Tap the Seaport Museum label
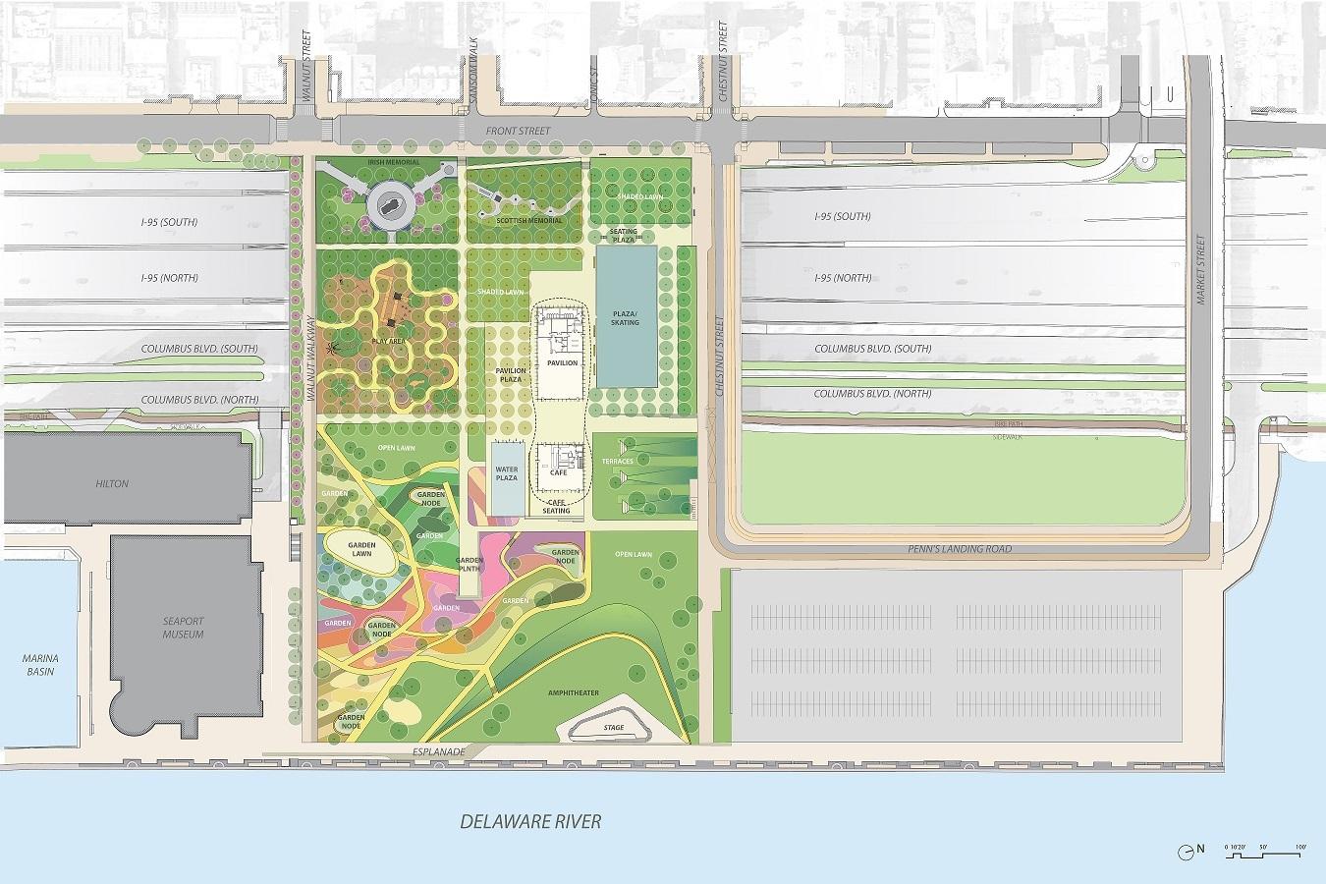(x=183, y=628)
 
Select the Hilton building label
(x=112, y=484)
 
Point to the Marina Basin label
(x=39, y=664)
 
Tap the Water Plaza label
(x=505, y=472)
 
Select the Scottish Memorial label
(x=531, y=220)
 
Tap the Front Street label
(x=519, y=131)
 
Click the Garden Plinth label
(x=470, y=563)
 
